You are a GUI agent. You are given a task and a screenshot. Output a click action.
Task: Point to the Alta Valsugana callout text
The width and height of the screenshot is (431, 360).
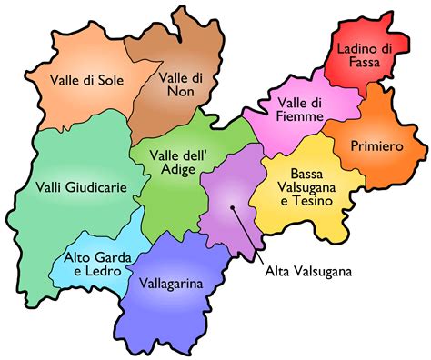[310, 270]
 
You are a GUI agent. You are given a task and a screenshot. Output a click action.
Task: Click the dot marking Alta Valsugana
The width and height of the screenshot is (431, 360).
[235, 208]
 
